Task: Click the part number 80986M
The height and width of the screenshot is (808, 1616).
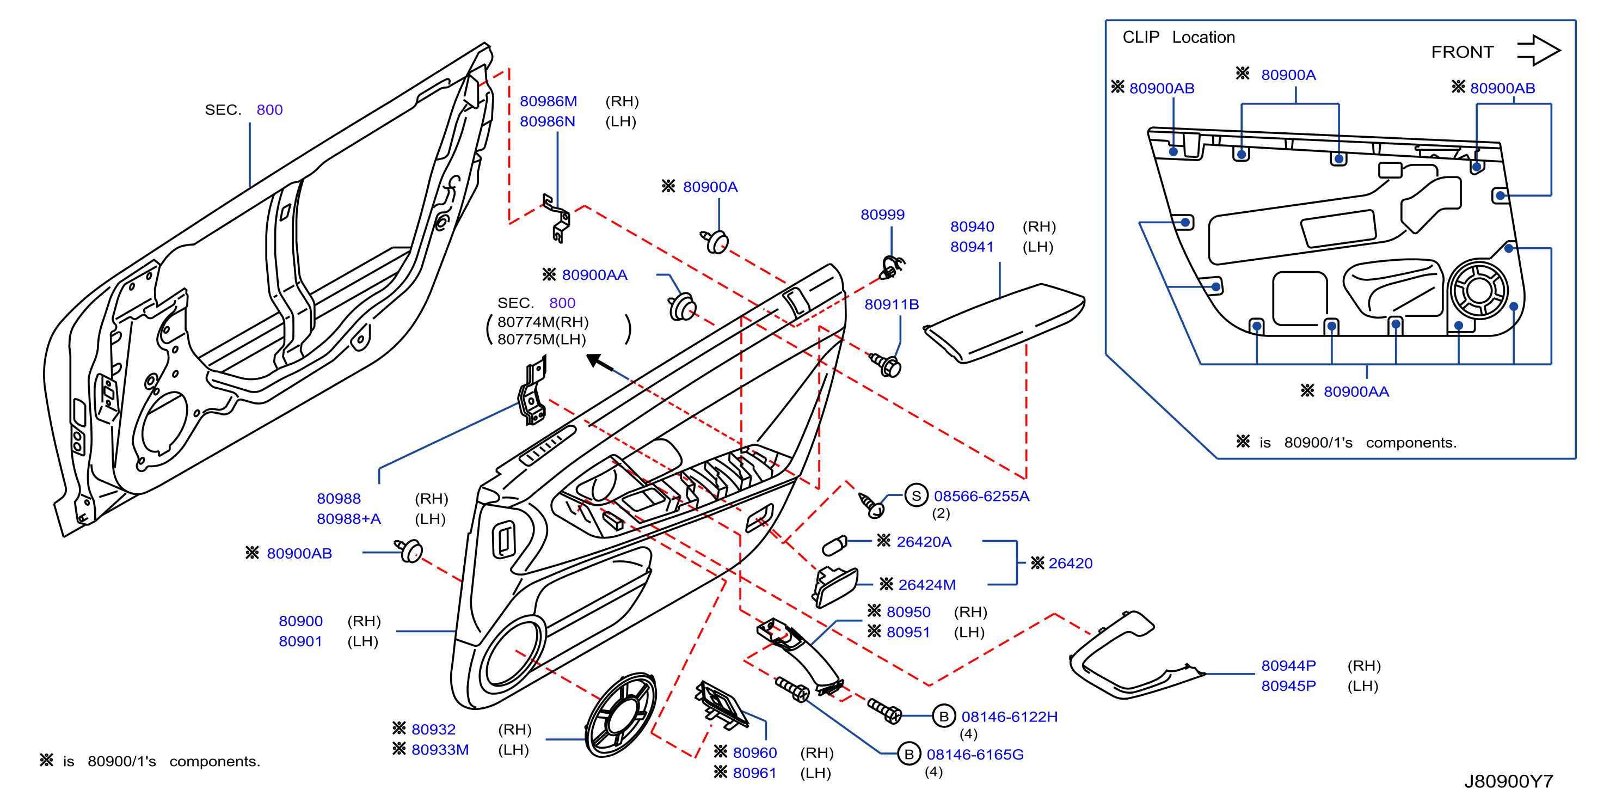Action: pos(548,101)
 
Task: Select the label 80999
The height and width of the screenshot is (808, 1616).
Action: pos(882,215)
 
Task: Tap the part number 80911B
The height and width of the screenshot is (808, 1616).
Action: pos(892,304)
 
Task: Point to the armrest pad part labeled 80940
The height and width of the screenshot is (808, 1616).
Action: pos(1004,323)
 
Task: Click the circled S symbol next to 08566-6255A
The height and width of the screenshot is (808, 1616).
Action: pos(916,495)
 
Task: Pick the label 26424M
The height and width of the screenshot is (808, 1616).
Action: pos(926,585)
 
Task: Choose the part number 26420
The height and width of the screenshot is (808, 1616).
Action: pos(1070,564)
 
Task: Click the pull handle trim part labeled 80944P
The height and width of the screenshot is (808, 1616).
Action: pos(1129,659)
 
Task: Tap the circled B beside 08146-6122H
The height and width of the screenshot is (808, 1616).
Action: pos(943,717)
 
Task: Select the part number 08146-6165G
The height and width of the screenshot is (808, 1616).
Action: pos(975,754)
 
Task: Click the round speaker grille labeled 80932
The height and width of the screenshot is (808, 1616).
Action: pos(620,715)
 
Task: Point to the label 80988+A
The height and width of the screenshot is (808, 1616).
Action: pos(349,519)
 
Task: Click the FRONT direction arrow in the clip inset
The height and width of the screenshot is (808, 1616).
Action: pos(1538,50)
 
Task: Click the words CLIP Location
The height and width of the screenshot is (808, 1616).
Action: pos(1179,38)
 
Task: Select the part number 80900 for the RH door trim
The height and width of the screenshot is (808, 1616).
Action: pos(300,621)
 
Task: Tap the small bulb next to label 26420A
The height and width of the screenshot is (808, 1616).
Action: pos(834,546)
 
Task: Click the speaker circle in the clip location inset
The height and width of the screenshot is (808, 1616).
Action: pos(1479,290)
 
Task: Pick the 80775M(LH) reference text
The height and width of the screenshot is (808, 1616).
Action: pos(542,339)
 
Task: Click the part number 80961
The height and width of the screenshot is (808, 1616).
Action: pos(755,773)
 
